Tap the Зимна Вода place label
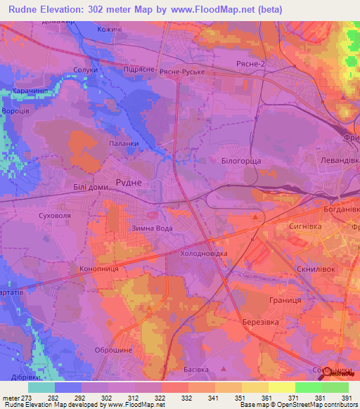(x=148, y=228)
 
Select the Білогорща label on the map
(x=241, y=161)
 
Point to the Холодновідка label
(x=205, y=253)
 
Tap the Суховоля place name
(x=55, y=216)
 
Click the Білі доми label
(x=91, y=188)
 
